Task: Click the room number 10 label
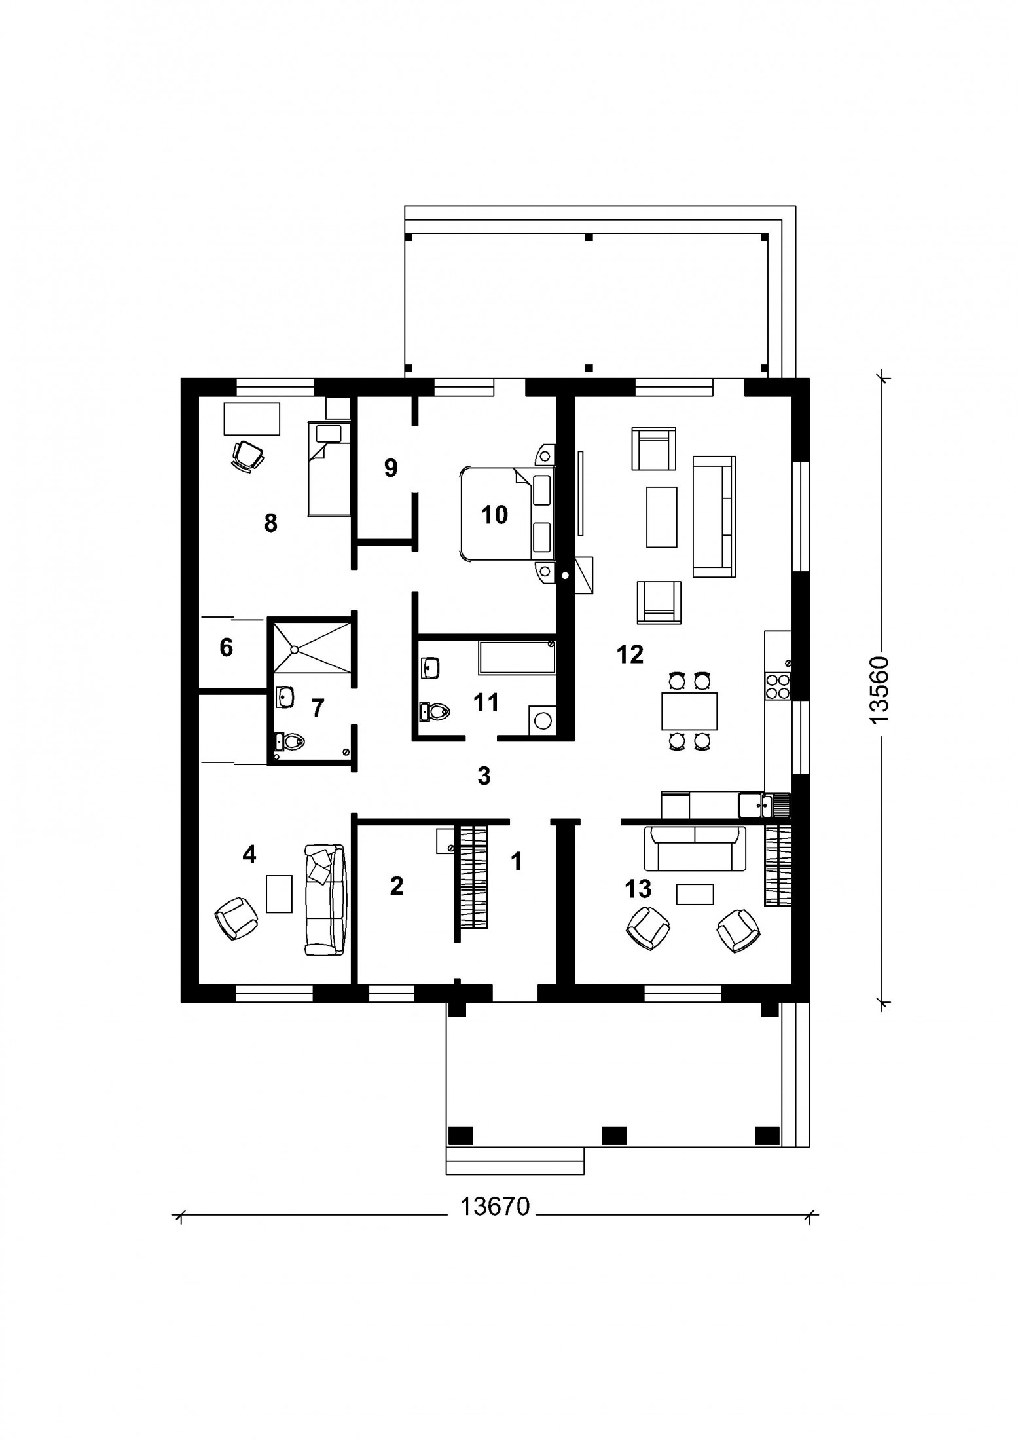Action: [x=494, y=515]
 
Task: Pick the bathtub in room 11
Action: [x=517, y=657]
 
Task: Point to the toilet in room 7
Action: [x=289, y=741]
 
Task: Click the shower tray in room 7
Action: [x=312, y=646]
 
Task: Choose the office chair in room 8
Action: [x=247, y=455]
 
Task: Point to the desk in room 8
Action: [x=252, y=419]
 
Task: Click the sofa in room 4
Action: [x=325, y=899]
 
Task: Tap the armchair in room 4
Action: [x=236, y=918]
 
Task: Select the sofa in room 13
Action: [x=695, y=848]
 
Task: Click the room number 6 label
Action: [x=226, y=647]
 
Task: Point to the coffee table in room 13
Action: [x=695, y=894]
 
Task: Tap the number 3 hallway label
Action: [x=484, y=776]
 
